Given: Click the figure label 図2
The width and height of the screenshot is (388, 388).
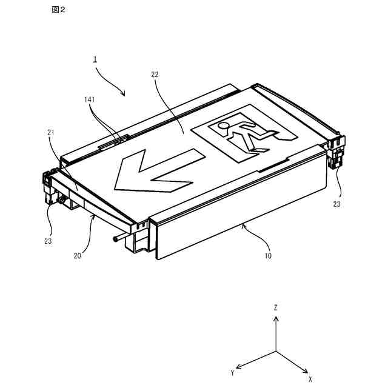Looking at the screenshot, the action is point(59,11).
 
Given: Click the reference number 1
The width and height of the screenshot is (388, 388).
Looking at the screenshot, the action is point(95,59).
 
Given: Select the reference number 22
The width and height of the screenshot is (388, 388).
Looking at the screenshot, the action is point(155,75).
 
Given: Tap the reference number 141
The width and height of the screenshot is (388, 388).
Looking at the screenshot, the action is point(90,99).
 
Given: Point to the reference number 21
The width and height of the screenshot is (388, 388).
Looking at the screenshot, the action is point(51,132).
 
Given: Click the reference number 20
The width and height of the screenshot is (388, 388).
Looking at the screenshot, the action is point(78,255).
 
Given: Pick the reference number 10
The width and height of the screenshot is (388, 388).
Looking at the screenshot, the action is point(267,256).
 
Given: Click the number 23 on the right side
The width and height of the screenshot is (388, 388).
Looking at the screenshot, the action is point(336,204).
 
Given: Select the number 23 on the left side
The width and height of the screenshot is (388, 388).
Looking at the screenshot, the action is point(48,241).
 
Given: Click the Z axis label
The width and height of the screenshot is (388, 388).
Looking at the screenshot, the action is point(276,308).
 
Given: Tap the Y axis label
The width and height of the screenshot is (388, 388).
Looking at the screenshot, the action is point(232,372).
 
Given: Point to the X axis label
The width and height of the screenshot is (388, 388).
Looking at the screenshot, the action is point(310,378).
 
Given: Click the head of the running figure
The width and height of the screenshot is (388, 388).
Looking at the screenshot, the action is point(224,127).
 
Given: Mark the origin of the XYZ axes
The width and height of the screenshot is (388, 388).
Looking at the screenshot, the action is point(276,351).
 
